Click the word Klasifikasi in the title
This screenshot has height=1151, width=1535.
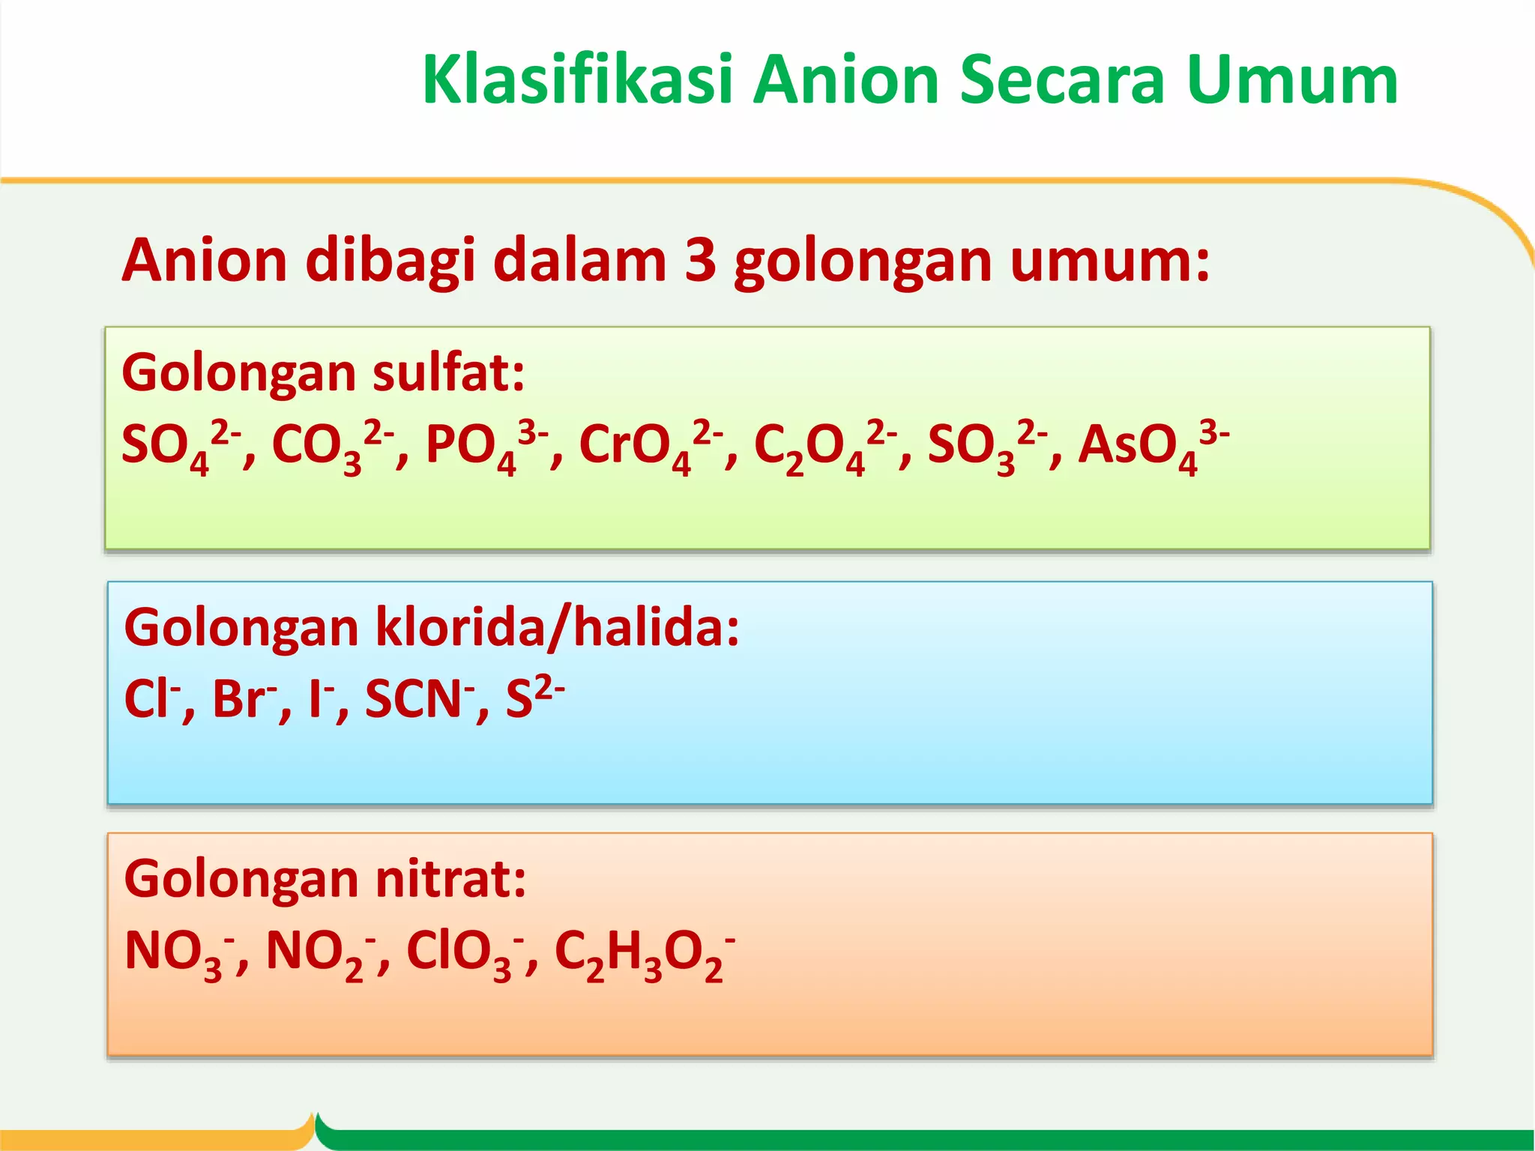coord(577,80)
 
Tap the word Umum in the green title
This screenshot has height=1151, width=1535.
coord(1292,80)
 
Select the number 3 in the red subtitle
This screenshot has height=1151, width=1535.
coord(700,261)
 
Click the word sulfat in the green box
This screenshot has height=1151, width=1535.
coord(448,372)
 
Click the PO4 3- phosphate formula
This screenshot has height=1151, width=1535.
coord(486,446)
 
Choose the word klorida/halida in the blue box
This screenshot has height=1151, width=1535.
coord(557,627)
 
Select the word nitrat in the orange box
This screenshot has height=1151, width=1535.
coord(450,878)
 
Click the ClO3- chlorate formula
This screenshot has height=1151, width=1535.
coord(465,952)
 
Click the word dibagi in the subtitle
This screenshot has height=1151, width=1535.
coord(390,261)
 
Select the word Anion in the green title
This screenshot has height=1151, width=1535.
coord(847,80)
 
